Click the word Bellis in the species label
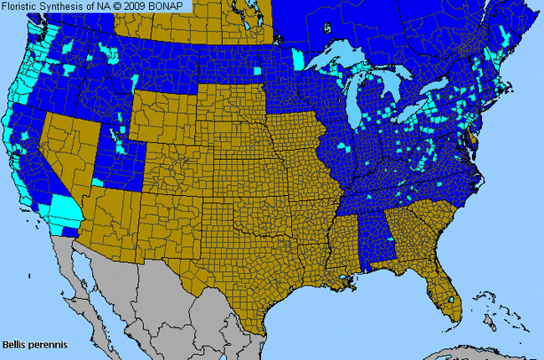coord(14,344)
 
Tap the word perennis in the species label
coord(44,344)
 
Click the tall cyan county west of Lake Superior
coord(298,59)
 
